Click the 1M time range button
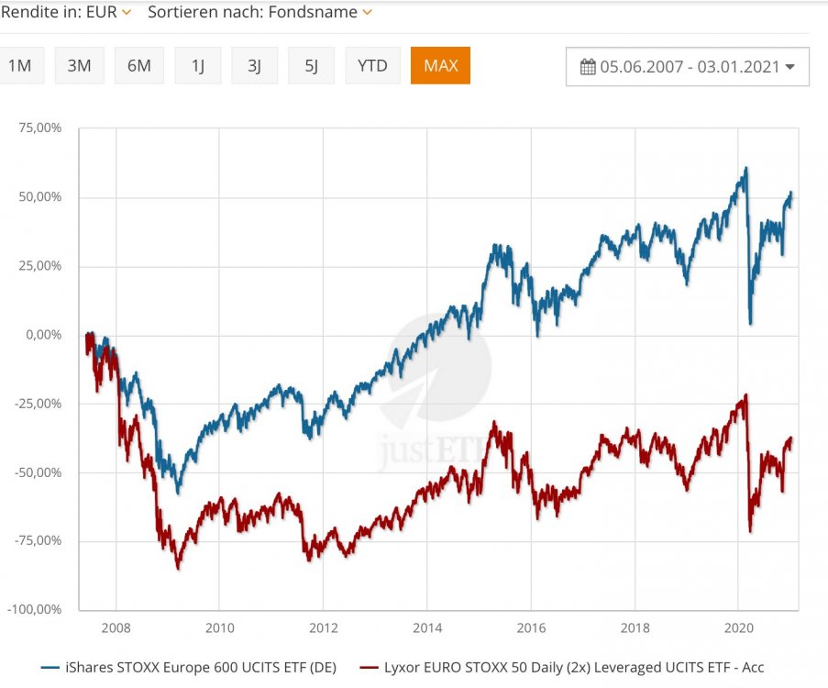[x=18, y=66]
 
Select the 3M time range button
[x=81, y=66]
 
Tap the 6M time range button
[x=139, y=66]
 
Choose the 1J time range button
[x=198, y=66]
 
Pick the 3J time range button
[x=255, y=66]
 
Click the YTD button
[x=372, y=66]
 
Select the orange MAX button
[x=440, y=66]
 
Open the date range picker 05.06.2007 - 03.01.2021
[x=688, y=66]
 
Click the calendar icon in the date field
[x=589, y=67]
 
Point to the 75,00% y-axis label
[x=39, y=128]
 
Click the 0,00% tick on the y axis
[x=42, y=335]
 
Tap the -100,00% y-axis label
[x=35, y=609]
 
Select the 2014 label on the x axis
[x=426, y=628]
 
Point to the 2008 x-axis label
[x=116, y=628]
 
